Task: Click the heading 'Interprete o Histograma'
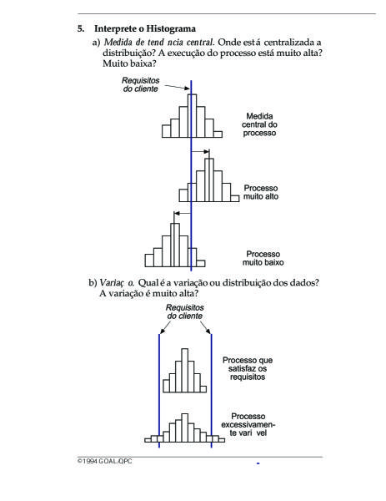pos(145,28)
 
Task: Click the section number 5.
pos(81,28)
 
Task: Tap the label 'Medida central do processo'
pos(259,124)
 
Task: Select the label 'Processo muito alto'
pos(261,192)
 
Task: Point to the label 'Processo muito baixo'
pos(263,258)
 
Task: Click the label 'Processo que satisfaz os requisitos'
pos(248,368)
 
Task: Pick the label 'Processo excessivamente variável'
pos(248,425)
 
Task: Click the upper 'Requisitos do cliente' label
pos(141,84)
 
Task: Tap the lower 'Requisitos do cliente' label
pos(185,311)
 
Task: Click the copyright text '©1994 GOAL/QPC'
pos(105,462)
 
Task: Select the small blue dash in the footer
pos(258,463)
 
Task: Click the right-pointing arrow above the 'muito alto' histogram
pos(200,151)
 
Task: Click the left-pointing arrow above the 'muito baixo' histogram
pos(183,213)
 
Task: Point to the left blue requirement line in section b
pos(159,391)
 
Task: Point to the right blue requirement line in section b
pos(211,391)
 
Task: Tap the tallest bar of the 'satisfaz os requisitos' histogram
pos(185,370)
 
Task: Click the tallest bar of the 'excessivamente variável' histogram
pos(185,428)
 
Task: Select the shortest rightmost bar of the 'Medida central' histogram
pos(218,134)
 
